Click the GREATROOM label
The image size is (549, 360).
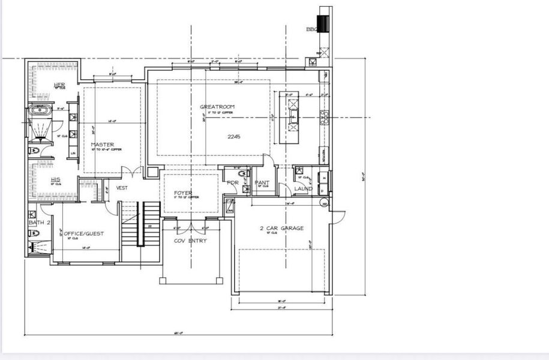217,107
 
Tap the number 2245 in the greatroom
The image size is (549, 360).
233,137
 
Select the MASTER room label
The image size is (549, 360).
103,145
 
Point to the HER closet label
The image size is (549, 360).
59,85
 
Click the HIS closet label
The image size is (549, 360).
55,179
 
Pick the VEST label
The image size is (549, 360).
122,188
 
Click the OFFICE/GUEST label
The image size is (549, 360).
83,234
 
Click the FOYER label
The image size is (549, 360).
183,193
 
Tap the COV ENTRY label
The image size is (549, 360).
190,241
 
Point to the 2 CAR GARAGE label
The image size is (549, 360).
281,228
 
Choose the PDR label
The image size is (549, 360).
232,183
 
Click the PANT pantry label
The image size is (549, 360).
262,182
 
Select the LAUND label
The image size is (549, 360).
303,189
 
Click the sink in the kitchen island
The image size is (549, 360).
294,114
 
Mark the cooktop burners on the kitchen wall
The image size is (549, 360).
325,116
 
